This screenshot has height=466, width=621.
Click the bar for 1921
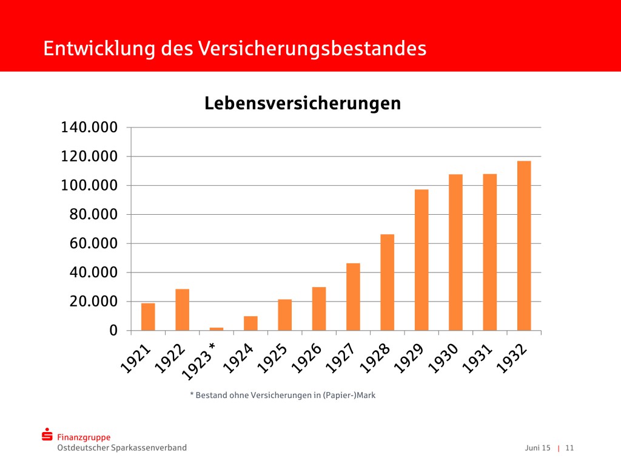click(x=148, y=317)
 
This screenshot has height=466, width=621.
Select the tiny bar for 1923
click(x=217, y=329)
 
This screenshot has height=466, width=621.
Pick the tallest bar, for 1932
click(x=524, y=246)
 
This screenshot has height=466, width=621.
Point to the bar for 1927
click(x=353, y=297)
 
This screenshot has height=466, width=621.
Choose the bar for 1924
click(x=250, y=323)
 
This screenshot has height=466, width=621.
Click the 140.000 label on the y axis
click(x=89, y=127)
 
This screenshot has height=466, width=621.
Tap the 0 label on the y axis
click(x=113, y=331)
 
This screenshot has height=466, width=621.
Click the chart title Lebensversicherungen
click(x=303, y=103)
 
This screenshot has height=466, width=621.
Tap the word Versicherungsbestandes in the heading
click(x=312, y=49)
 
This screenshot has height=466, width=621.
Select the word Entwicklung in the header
click(x=99, y=49)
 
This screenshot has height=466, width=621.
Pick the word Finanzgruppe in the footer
click(x=84, y=437)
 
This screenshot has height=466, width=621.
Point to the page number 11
click(x=569, y=448)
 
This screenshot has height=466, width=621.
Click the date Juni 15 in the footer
click(x=538, y=448)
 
